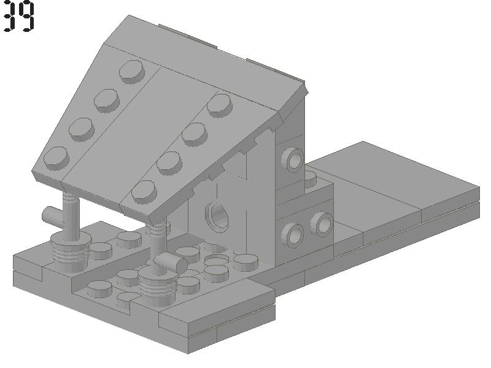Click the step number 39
[19, 17]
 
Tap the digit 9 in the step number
[27, 17]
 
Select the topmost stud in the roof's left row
[132, 72]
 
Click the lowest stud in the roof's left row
[56, 158]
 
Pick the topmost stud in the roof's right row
[220, 105]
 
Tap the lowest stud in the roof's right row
[144, 192]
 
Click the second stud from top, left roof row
[107, 101]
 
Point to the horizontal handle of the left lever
[53, 216]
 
